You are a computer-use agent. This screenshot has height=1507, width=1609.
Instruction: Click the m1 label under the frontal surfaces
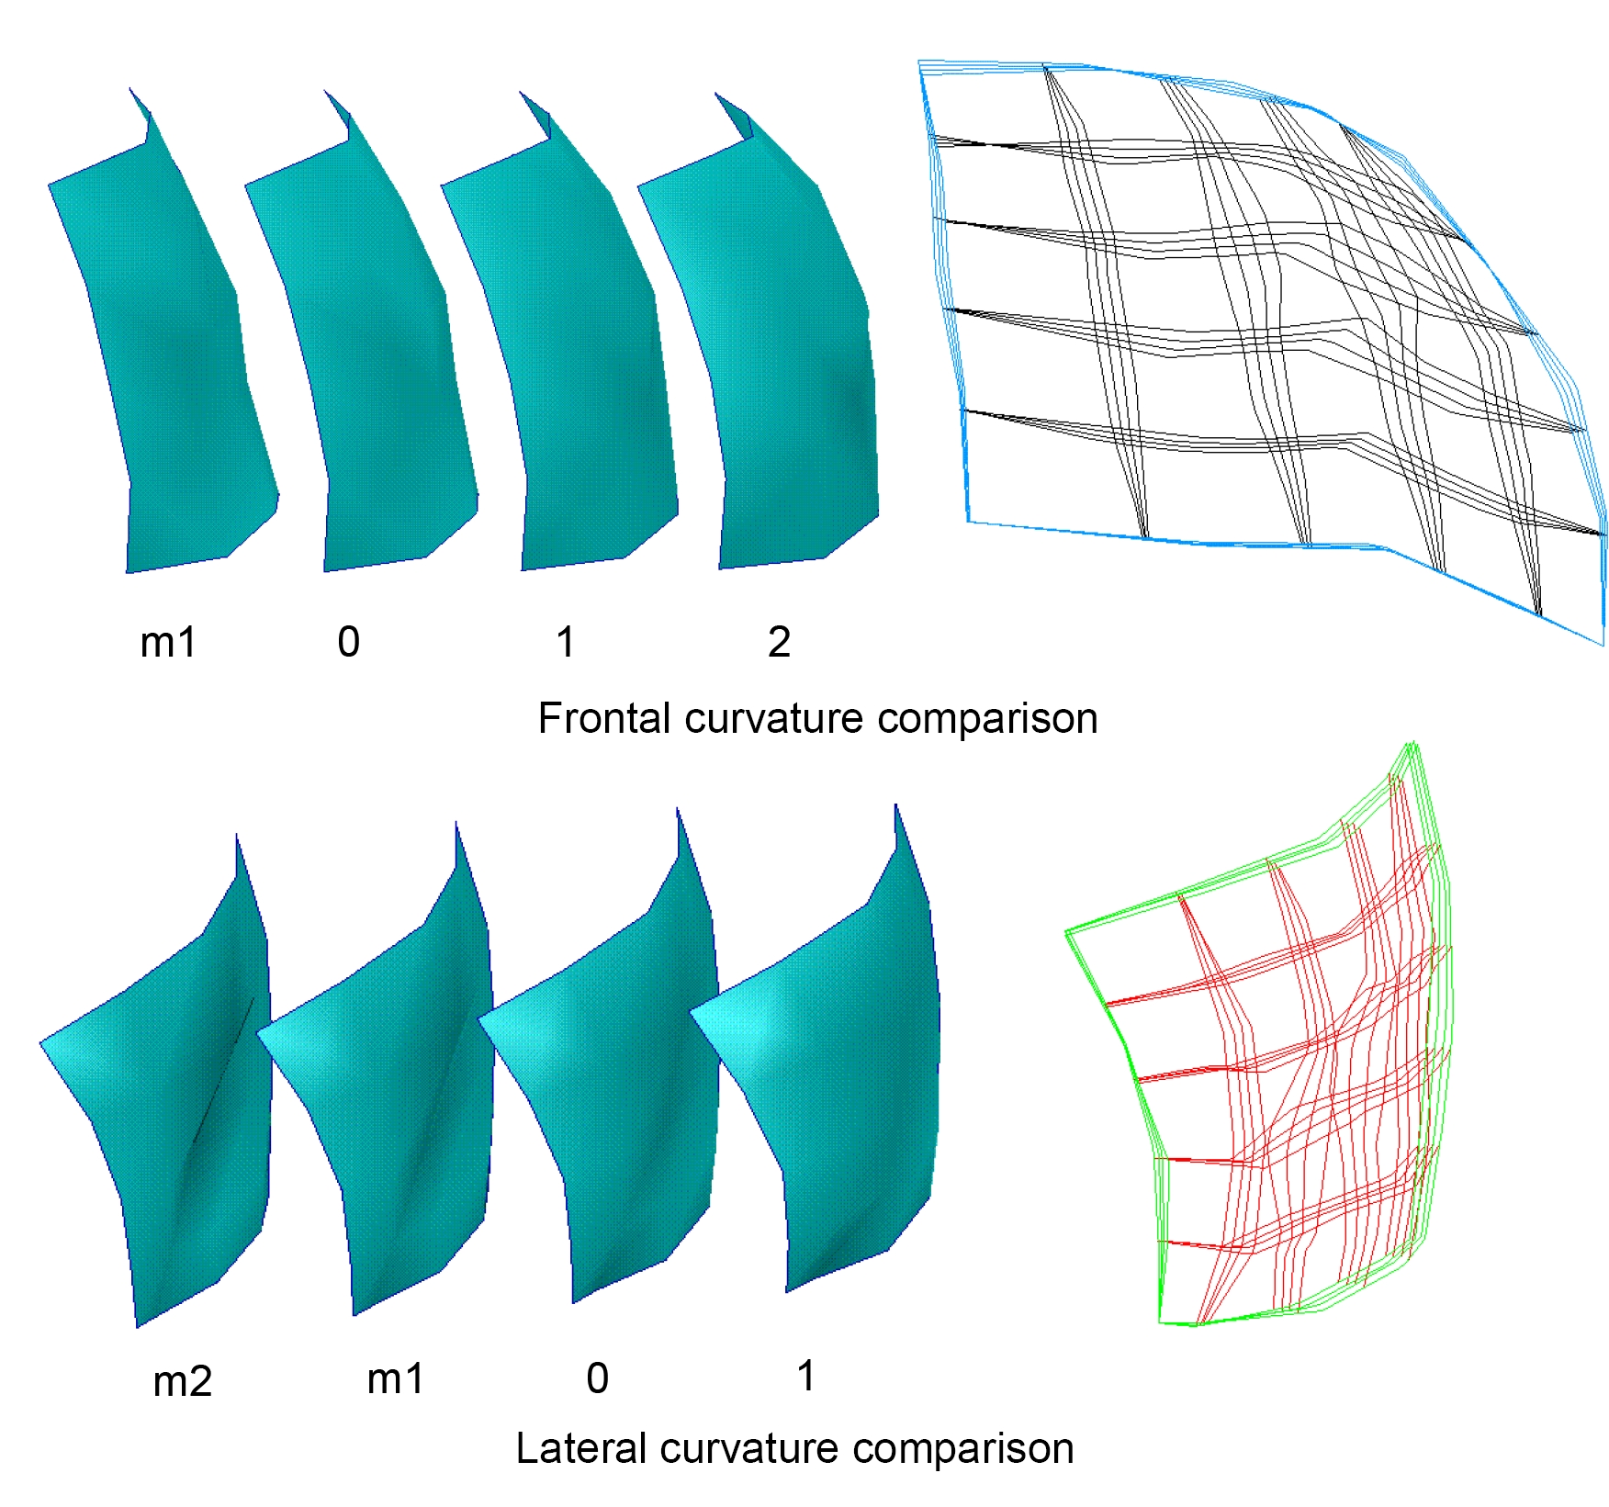pos(168,642)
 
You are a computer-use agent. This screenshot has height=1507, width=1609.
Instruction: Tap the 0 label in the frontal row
pos(348,642)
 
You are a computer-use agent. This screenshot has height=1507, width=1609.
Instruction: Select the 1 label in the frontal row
pos(566,642)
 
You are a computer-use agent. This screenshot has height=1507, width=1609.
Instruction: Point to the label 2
pos(779,642)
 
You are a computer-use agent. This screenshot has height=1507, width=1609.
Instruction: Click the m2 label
pos(182,1381)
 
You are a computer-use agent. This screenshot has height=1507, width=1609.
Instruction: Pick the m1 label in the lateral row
pos(395,1378)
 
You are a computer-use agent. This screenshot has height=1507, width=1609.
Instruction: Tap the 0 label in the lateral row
pos(597,1378)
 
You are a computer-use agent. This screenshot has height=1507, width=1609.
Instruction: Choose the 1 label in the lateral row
pos(805,1376)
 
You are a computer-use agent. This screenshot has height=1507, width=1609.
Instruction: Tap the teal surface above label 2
pos(790,367)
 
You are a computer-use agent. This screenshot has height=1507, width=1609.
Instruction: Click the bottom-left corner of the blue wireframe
pos(970,522)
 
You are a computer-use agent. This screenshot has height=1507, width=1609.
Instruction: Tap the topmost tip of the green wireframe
pos(1412,743)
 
